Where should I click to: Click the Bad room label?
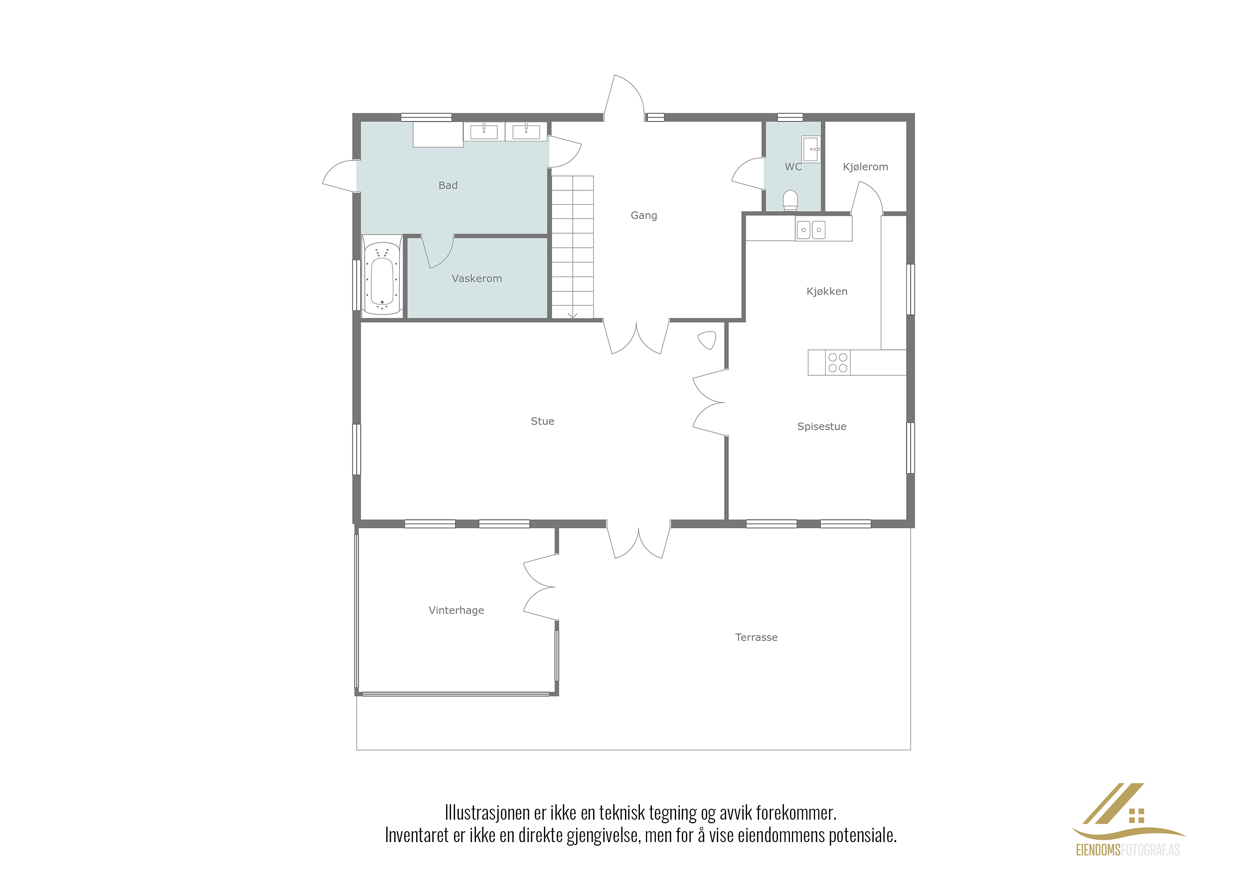(448, 185)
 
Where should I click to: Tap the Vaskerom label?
(476, 278)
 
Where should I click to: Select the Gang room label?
(644, 215)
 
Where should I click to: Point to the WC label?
(793, 167)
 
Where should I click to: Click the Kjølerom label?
(865, 167)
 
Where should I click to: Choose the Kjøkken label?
(827, 291)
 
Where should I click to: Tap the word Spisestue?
(821, 426)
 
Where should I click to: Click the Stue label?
(542, 421)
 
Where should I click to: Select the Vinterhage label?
(456, 610)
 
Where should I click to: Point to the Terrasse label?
(757, 637)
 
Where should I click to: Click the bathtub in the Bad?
(382, 275)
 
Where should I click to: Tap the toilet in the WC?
(790, 200)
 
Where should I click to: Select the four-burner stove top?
(838, 362)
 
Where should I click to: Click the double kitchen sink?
(811, 230)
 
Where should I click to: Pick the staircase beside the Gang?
(573, 247)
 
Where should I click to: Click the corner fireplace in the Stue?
(707, 340)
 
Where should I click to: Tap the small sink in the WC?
(811, 148)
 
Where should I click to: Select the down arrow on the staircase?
(573, 314)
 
